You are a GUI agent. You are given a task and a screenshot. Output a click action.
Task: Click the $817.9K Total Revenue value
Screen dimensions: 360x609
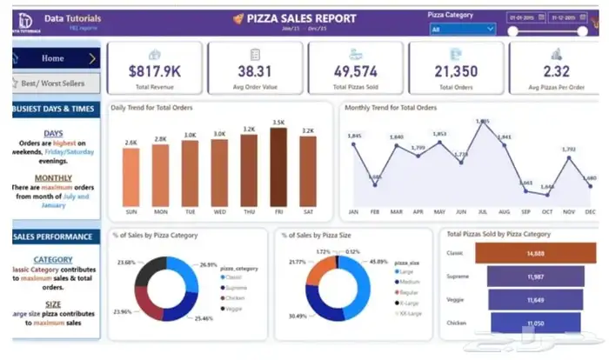(154, 72)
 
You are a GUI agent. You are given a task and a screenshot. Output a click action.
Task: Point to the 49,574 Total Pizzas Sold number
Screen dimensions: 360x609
(356, 72)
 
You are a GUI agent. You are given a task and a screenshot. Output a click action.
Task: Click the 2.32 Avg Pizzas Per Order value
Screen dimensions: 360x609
(556, 72)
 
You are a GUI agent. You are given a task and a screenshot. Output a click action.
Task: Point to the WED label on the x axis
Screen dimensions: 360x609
(219, 211)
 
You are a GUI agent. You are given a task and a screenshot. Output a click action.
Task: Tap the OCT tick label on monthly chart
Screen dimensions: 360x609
(546, 211)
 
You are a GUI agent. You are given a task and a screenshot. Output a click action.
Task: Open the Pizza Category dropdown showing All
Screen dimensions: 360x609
(463, 29)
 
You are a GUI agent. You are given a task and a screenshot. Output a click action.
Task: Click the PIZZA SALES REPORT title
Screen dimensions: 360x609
(302, 17)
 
